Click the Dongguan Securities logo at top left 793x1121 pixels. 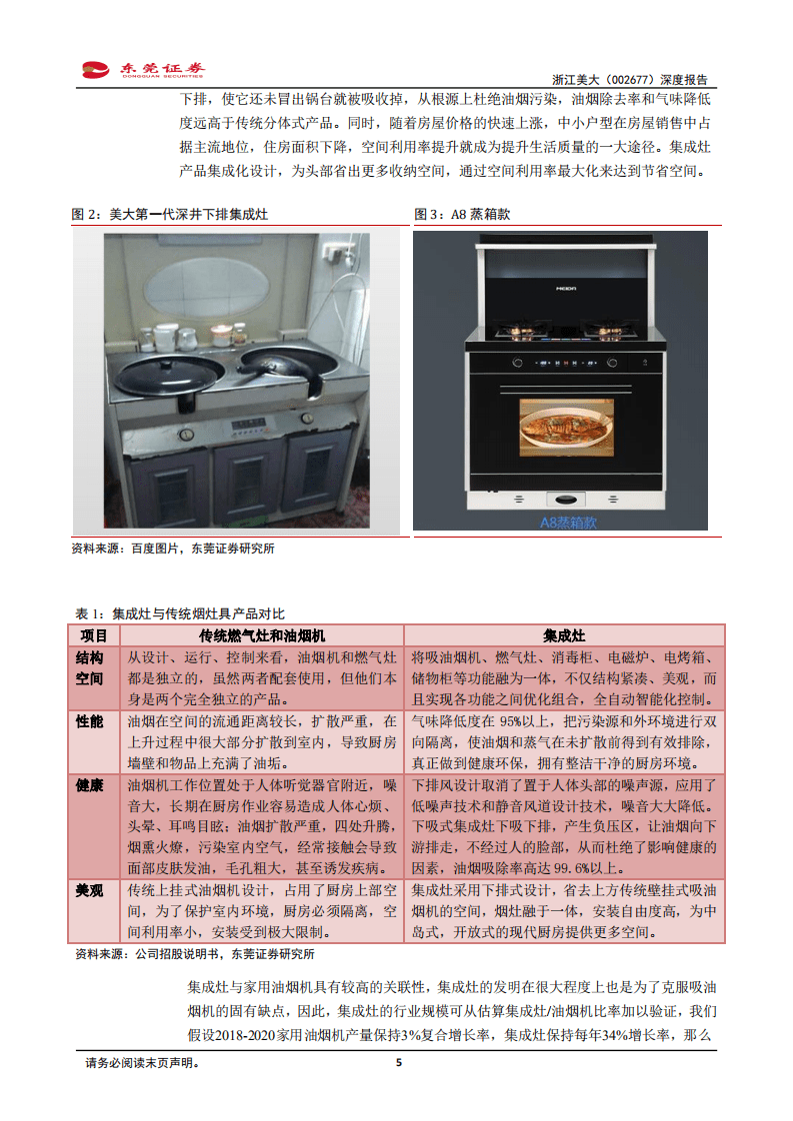[x=142, y=69]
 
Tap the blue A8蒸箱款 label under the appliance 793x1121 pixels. [x=567, y=522]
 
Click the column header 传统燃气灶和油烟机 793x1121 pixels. [x=261, y=635]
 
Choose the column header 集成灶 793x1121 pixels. [x=564, y=635]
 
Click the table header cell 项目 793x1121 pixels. [x=94, y=635]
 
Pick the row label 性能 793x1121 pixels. [x=90, y=721]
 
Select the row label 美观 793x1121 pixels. [x=90, y=890]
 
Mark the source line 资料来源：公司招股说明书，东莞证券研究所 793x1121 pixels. [x=194, y=954]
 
